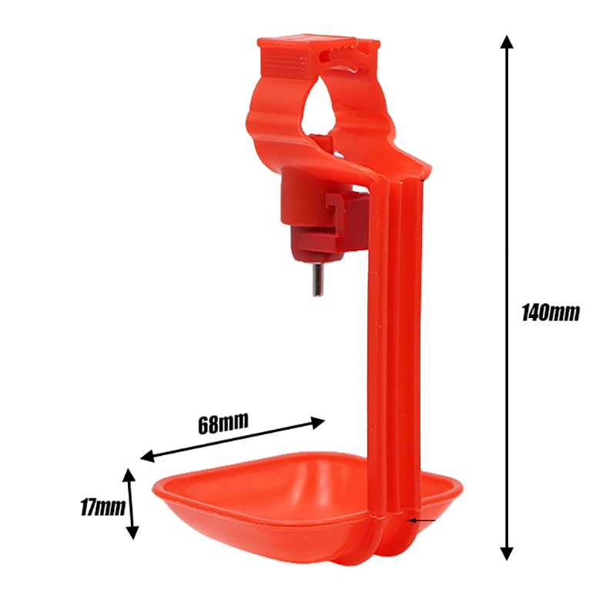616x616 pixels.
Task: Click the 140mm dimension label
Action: pos(551,313)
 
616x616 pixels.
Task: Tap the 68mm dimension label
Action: pos(223,423)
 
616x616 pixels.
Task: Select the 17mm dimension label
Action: pos(103,507)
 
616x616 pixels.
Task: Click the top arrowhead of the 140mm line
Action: pos(507,42)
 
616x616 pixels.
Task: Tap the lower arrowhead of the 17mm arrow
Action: pos(133,532)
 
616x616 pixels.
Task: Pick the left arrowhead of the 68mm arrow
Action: pos(148,457)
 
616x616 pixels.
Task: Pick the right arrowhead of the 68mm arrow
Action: pos(317,422)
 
